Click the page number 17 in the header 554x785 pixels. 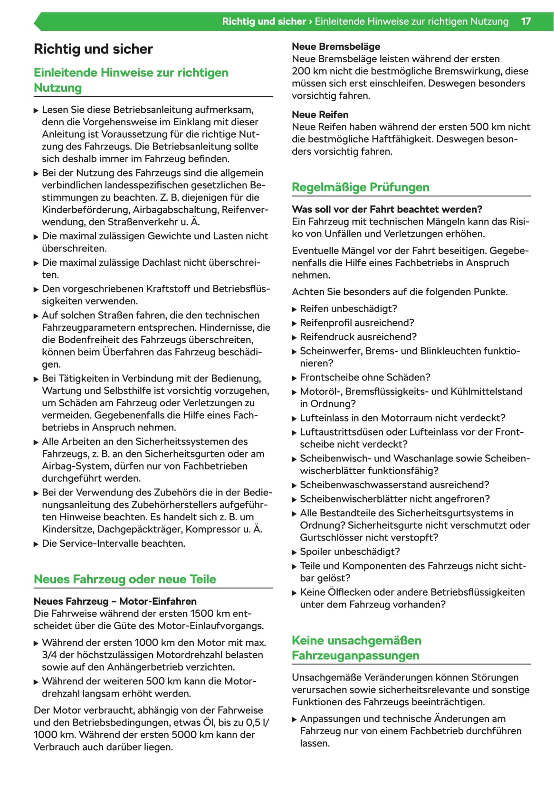[525, 21]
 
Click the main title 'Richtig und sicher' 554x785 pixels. [93, 49]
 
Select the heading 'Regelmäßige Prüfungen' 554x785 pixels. [360, 187]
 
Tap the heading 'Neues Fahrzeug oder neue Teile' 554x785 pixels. [124, 579]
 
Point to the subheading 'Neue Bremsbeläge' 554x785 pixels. [336, 47]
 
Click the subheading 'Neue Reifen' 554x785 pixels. [320, 114]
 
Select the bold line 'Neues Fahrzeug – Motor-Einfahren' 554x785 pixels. [115, 601]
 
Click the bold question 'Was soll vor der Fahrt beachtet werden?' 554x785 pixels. [387, 209]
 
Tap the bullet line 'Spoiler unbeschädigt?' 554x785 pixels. [350, 551]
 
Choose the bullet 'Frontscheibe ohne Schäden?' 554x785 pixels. [365, 377]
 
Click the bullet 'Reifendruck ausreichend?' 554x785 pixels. [358, 336]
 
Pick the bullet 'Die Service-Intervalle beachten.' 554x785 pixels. [114, 543]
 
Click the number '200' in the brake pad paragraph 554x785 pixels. [301, 71]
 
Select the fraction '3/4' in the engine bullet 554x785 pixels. [49, 655]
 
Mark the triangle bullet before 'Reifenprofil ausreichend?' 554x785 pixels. [294, 323]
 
